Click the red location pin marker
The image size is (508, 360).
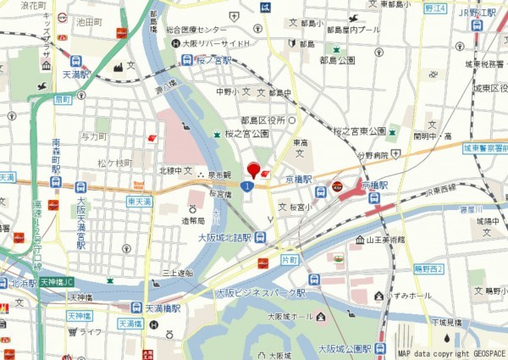(x=253, y=169)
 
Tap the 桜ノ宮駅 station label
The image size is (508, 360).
(x=213, y=60)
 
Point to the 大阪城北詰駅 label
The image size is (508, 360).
(x=224, y=238)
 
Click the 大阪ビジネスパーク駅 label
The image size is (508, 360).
(x=260, y=292)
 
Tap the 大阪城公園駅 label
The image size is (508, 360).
(x=345, y=348)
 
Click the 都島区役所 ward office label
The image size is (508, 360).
(x=263, y=120)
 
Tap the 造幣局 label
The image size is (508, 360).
(x=193, y=219)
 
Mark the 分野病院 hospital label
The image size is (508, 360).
(x=372, y=156)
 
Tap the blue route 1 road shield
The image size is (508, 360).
(x=246, y=186)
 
